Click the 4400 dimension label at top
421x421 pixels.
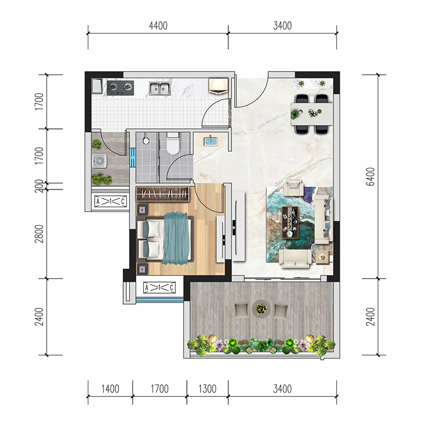(x=158, y=26)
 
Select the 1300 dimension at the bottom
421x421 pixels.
(x=207, y=389)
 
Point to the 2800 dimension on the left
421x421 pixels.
(x=39, y=234)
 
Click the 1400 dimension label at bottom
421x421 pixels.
(x=110, y=389)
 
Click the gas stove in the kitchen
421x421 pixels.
(x=121, y=88)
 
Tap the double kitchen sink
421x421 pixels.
(x=160, y=88)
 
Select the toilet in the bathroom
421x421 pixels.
(x=173, y=143)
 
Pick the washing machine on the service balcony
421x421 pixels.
(x=99, y=162)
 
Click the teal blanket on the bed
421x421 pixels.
(x=176, y=238)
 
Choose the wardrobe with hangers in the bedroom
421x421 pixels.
(x=163, y=194)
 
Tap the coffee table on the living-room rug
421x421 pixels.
(x=290, y=222)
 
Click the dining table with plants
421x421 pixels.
(x=312, y=114)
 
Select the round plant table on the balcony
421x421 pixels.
(x=261, y=309)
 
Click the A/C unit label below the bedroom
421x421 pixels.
(x=159, y=288)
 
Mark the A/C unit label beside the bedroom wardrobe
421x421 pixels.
(x=111, y=201)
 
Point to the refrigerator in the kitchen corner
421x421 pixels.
(x=218, y=86)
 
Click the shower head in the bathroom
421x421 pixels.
(x=146, y=140)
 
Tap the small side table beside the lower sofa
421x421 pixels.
(x=322, y=257)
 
